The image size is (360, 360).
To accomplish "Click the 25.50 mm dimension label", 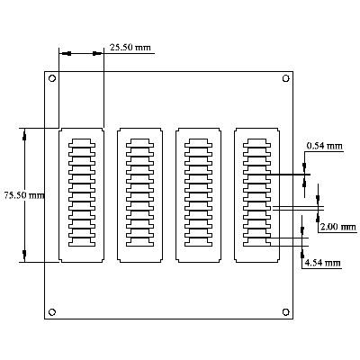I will (130, 47).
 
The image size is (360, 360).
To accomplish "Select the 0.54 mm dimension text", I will (324, 145).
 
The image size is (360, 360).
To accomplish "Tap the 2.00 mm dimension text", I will (337, 227).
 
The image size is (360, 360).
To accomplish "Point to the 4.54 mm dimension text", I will (322, 263).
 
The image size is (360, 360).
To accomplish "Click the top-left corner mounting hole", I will (51, 79).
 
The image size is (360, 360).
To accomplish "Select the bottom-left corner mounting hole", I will (51, 311).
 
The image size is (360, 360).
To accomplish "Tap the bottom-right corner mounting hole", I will (285, 311).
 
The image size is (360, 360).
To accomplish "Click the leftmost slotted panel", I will (81, 194).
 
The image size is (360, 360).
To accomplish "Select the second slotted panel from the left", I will (139, 194).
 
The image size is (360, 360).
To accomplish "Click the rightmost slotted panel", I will (256, 194).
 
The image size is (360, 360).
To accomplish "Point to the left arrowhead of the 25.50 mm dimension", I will (64, 54).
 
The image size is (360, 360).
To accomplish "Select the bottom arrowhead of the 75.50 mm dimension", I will (24, 256).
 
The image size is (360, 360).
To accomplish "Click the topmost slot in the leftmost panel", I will (81, 142).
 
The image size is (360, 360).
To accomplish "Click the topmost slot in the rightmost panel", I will (256, 142).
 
